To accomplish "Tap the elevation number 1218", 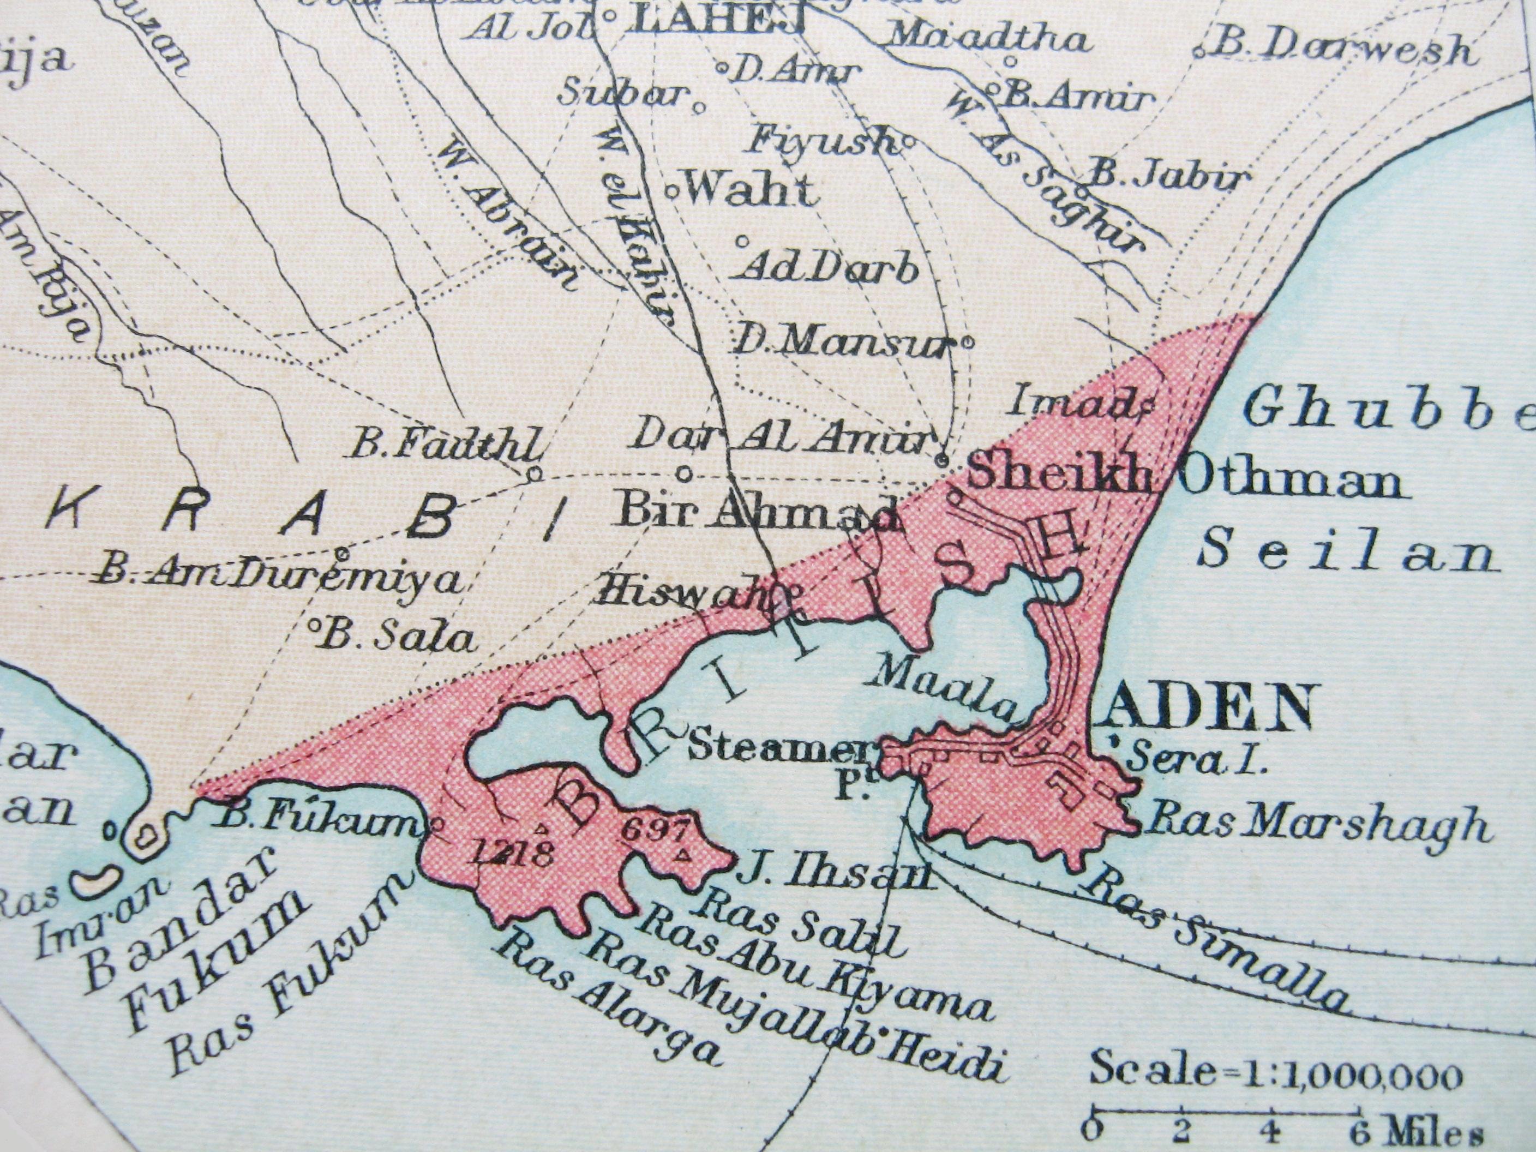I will (x=511, y=852).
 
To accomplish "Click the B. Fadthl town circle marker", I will (x=534, y=474).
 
